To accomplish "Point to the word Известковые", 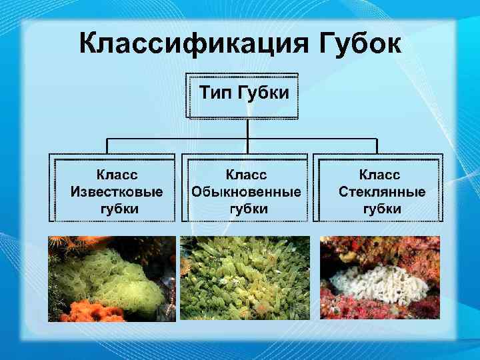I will (116, 191).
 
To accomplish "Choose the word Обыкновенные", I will (246, 191).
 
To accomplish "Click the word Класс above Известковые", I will (116, 175).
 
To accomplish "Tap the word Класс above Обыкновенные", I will (246, 175).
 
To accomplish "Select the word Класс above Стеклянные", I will (380, 175).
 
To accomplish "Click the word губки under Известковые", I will (116, 208).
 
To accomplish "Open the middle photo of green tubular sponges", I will (246, 278).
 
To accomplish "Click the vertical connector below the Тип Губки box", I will (247, 131).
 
